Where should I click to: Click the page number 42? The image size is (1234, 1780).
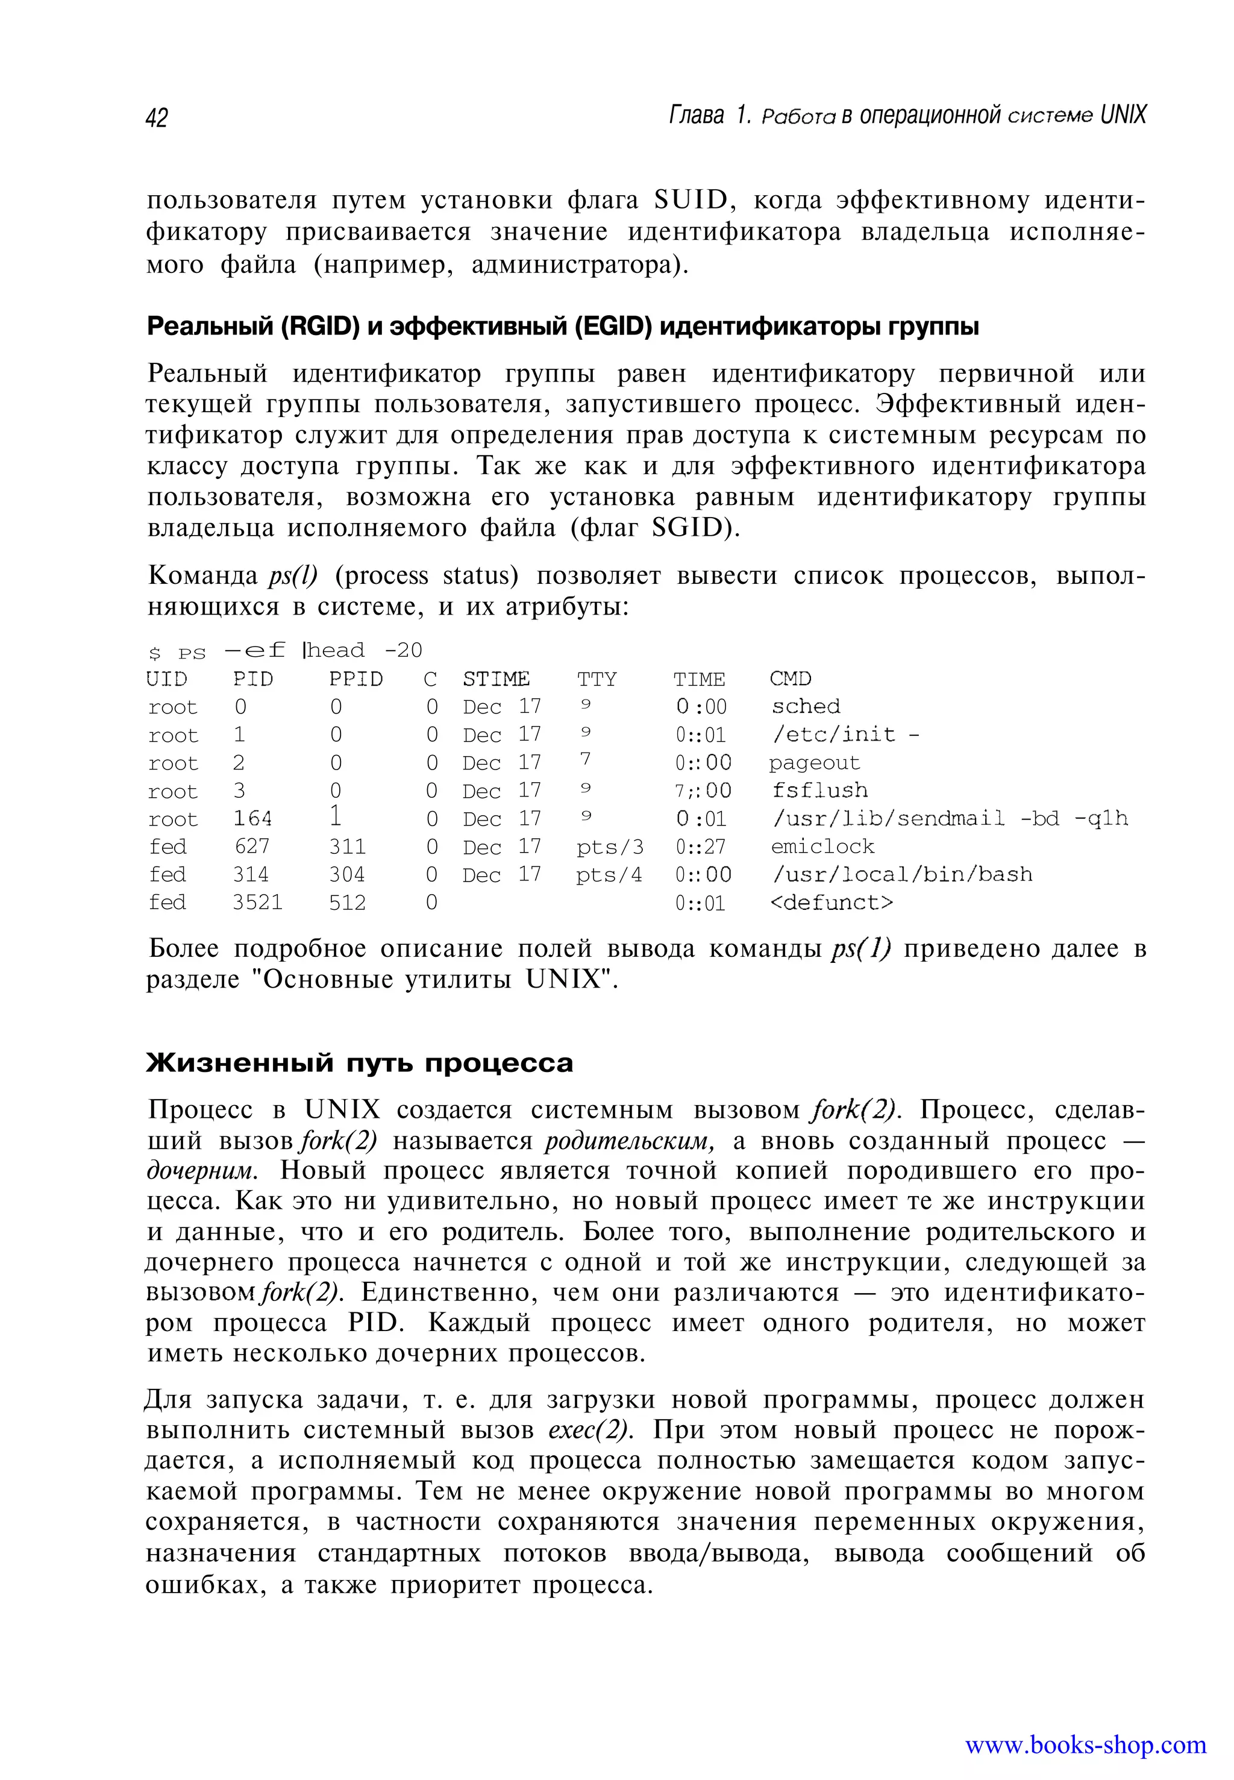156,118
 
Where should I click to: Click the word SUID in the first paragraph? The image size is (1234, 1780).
691,200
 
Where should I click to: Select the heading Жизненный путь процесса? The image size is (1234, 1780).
360,1062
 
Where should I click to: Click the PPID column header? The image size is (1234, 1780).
355,679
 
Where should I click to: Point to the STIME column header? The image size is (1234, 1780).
496,679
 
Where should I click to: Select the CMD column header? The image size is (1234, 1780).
790,679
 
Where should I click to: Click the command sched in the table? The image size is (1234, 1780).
806,706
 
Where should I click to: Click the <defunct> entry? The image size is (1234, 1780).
831,903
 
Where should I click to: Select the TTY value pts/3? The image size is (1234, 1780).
609,847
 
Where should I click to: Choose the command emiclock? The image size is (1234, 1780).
822,846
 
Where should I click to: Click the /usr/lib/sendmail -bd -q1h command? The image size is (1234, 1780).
950,818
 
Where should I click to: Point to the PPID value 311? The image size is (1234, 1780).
347,846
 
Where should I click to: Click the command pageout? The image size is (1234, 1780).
814,762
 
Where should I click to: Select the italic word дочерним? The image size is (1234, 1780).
200,1171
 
